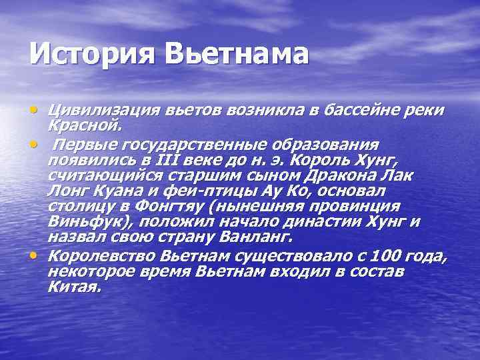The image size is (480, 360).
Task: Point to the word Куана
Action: click(110, 191)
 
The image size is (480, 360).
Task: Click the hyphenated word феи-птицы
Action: click(185, 191)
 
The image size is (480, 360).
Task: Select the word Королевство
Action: click(98, 257)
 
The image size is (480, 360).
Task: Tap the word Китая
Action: click(74, 287)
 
